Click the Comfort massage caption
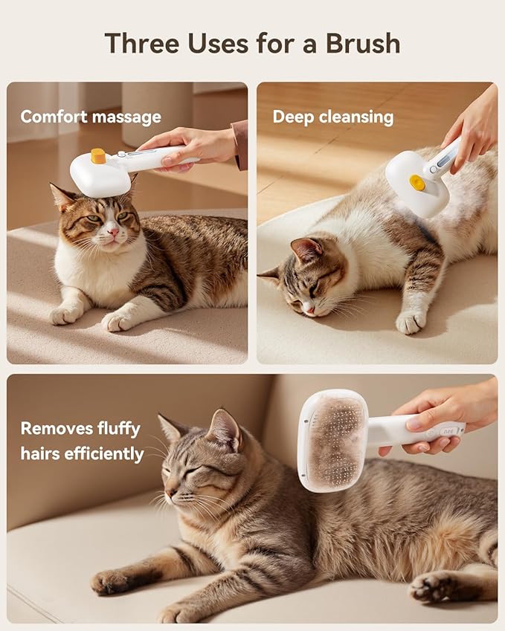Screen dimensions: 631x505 pos(90,117)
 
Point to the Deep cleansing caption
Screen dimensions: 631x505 pos(332,117)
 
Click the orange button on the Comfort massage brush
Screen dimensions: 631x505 pos(98,156)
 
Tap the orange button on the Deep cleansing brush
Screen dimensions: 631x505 pos(418,183)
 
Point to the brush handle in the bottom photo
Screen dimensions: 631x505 pos(416,430)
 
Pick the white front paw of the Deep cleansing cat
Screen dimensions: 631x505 pos(409,322)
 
